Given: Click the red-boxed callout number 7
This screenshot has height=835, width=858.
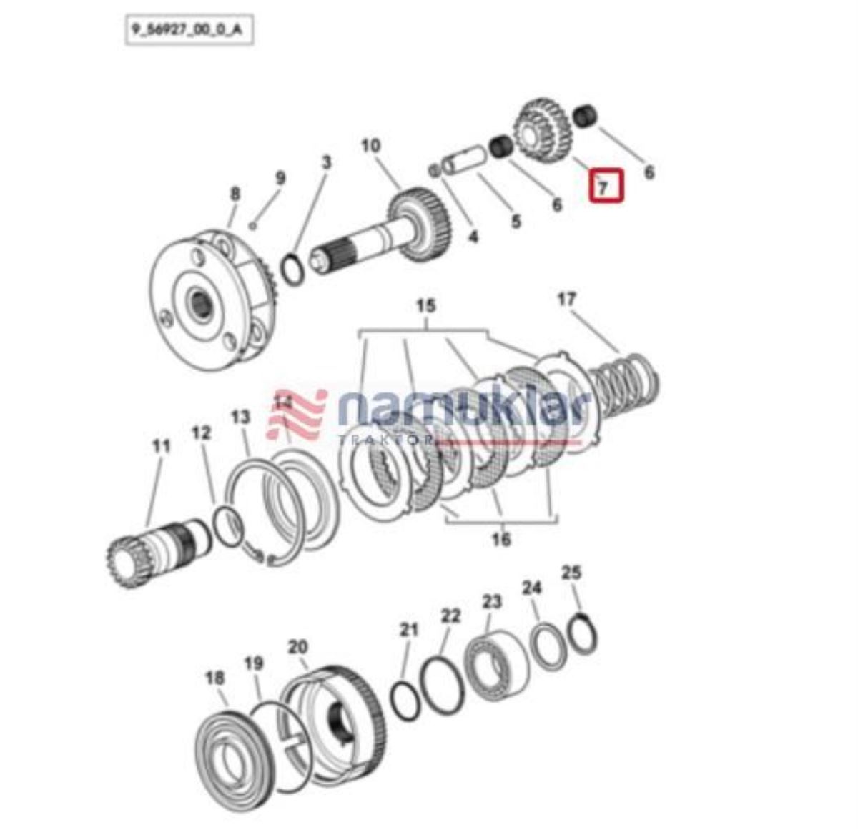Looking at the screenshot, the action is click(x=602, y=188).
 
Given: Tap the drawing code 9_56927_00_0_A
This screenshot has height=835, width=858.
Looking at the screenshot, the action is click(x=189, y=31).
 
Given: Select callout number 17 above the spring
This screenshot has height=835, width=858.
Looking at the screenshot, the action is click(x=566, y=300).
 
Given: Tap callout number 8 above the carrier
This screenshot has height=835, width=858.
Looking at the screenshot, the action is click(x=235, y=194).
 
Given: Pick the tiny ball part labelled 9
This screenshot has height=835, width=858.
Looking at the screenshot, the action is click(x=252, y=226).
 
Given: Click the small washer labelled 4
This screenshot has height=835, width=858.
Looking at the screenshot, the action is click(x=434, y=170).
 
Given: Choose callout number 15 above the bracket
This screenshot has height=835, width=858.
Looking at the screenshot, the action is click(x=425, y=306).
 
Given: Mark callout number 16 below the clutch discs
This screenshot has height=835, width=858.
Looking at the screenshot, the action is click(x=500, y=539).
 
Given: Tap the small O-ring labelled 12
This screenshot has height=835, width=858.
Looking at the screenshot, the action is click(x=227, y=528).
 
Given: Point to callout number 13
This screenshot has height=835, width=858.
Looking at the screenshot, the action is click(x=240, y=417).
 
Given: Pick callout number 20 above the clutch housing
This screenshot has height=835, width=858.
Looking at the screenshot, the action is click(x=297, y=647).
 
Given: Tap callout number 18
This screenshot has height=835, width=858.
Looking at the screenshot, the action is click(x=214, y=678).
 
